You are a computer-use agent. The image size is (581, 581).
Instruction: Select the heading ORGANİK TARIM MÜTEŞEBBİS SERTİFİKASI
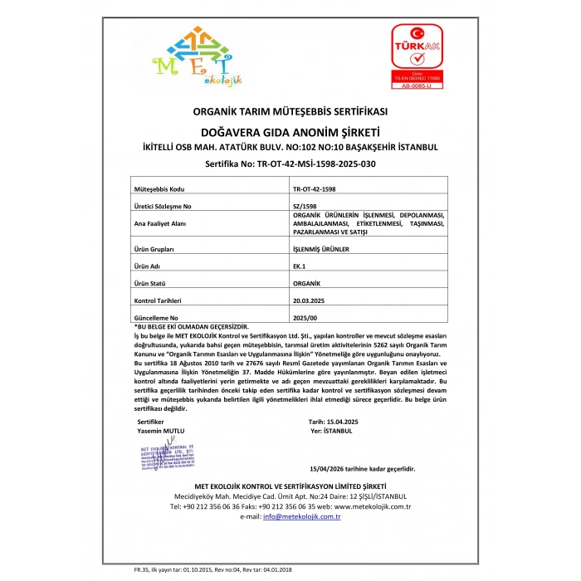(x=290, y=111)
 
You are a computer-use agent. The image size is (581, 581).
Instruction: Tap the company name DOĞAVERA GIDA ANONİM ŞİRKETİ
(x=290, y=131)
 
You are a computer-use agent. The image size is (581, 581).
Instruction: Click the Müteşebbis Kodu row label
(x=158, y=189)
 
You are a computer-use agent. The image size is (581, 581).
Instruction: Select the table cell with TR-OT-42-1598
(x=315, y=189)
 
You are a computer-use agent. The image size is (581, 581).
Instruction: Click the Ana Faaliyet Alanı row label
(x=161, y=223)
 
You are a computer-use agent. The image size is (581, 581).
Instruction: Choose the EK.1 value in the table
(x=300, y=266)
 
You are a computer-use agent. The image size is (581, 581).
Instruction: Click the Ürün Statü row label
(x=150, y=283)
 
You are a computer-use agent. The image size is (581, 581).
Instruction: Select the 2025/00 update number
(x=305, y=317)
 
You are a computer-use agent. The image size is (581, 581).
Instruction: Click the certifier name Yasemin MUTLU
(x=161, y=431)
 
